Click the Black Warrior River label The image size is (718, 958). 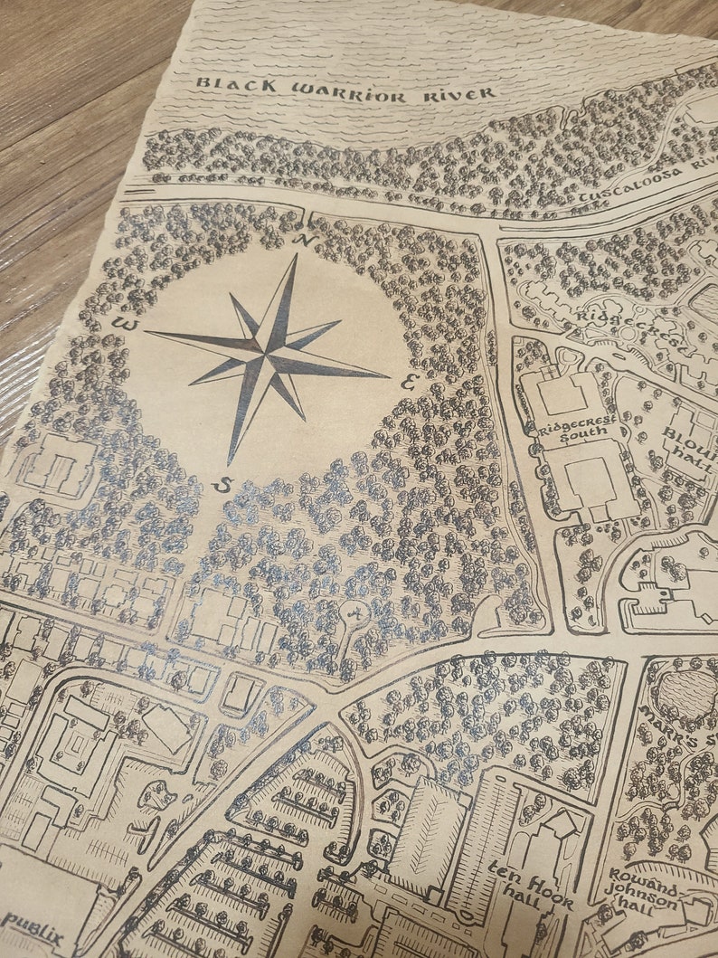click(345, 90)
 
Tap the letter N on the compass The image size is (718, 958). click(306, 241)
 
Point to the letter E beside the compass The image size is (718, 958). click(408, 383)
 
